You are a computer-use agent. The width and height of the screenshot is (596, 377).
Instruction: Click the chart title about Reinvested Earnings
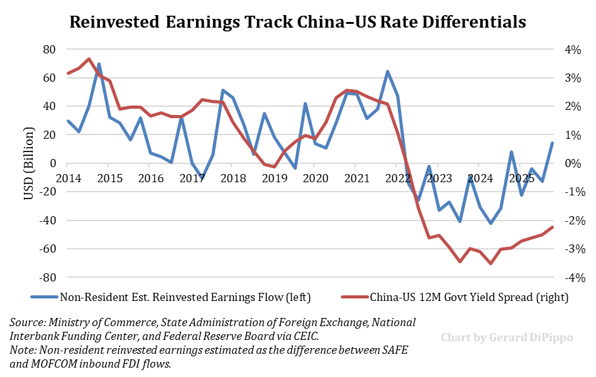(x=297, y=22)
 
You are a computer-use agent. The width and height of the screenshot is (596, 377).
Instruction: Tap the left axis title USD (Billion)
(x=28, y=163)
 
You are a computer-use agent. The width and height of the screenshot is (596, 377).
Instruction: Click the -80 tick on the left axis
(x=47, y=277)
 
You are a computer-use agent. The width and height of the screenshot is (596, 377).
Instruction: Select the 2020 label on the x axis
(x=315, y=178)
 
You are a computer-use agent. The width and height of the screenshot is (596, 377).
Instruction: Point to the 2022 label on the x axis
(x=397, y=178)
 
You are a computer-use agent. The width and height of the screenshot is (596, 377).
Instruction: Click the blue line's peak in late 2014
(x=99, y=63)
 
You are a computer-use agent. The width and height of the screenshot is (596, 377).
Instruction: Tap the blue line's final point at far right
(x=552, y=143)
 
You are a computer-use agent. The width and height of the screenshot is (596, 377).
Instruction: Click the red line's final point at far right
(x=552, y=227)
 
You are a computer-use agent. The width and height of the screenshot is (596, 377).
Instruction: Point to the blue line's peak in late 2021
(x=387, y=71)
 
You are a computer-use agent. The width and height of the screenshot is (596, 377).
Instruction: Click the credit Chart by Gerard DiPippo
(x=507, y=337)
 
